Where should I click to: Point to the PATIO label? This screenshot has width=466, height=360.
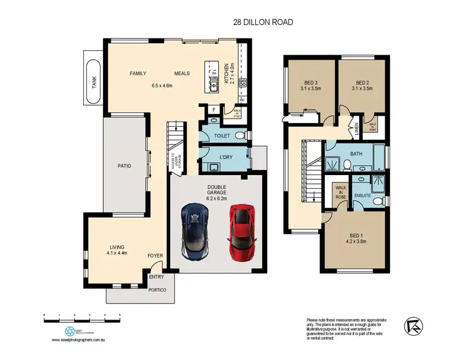125,166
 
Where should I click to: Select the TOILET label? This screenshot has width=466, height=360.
222,135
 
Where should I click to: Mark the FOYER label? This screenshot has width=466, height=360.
155,256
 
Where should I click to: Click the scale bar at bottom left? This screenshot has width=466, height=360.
81,317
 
